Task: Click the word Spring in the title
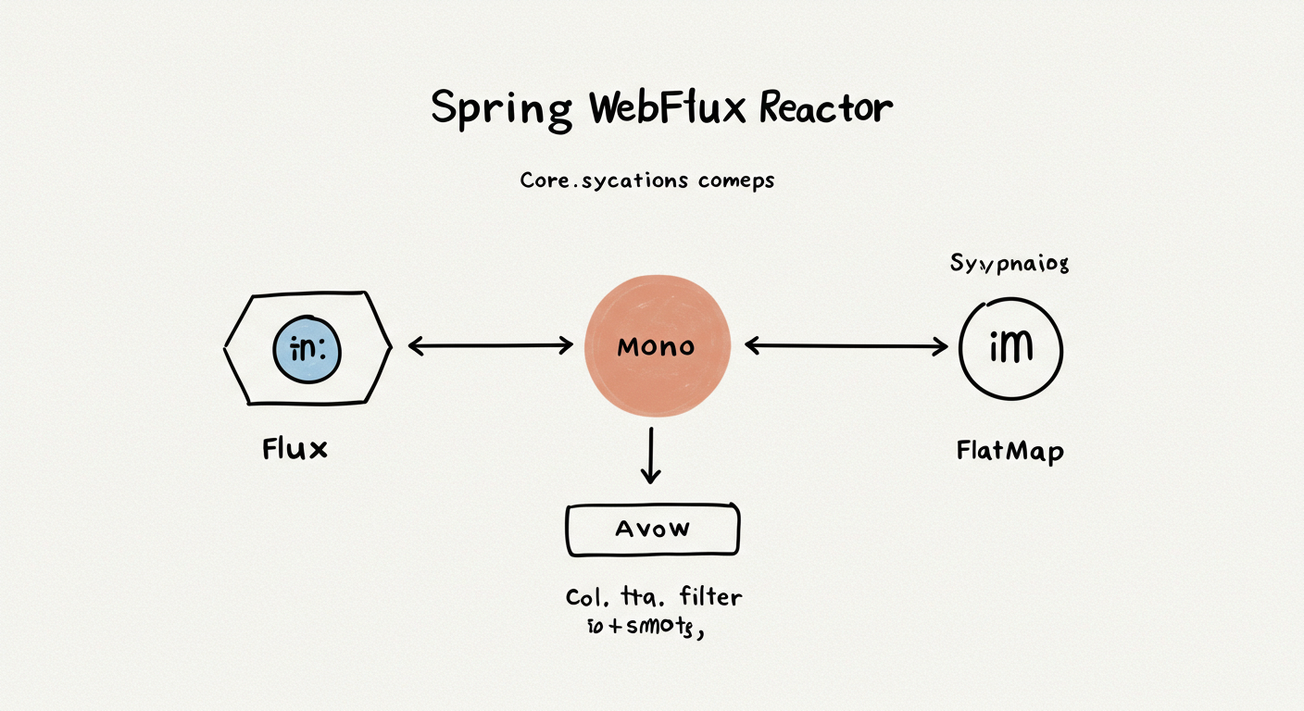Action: pos(501,110)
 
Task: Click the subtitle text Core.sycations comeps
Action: pos(646,181)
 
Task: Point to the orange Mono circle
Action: pos(658,347)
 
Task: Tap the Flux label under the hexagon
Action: pos(295,450)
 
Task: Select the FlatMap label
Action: pos(1009,452)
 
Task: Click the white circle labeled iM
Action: pos(1010,349)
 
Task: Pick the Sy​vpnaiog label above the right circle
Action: pos(1009,264)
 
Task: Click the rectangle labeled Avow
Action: pos(652,530)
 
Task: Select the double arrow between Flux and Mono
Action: pos(491,346)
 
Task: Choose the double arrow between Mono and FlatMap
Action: pos(846,347)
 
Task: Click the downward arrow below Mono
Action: pos(651,455)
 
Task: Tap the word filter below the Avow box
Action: pos(709,596)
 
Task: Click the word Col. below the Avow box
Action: pos(590,597)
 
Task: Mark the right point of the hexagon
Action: pos(389,348)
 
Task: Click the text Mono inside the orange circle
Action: pos(656,347)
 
